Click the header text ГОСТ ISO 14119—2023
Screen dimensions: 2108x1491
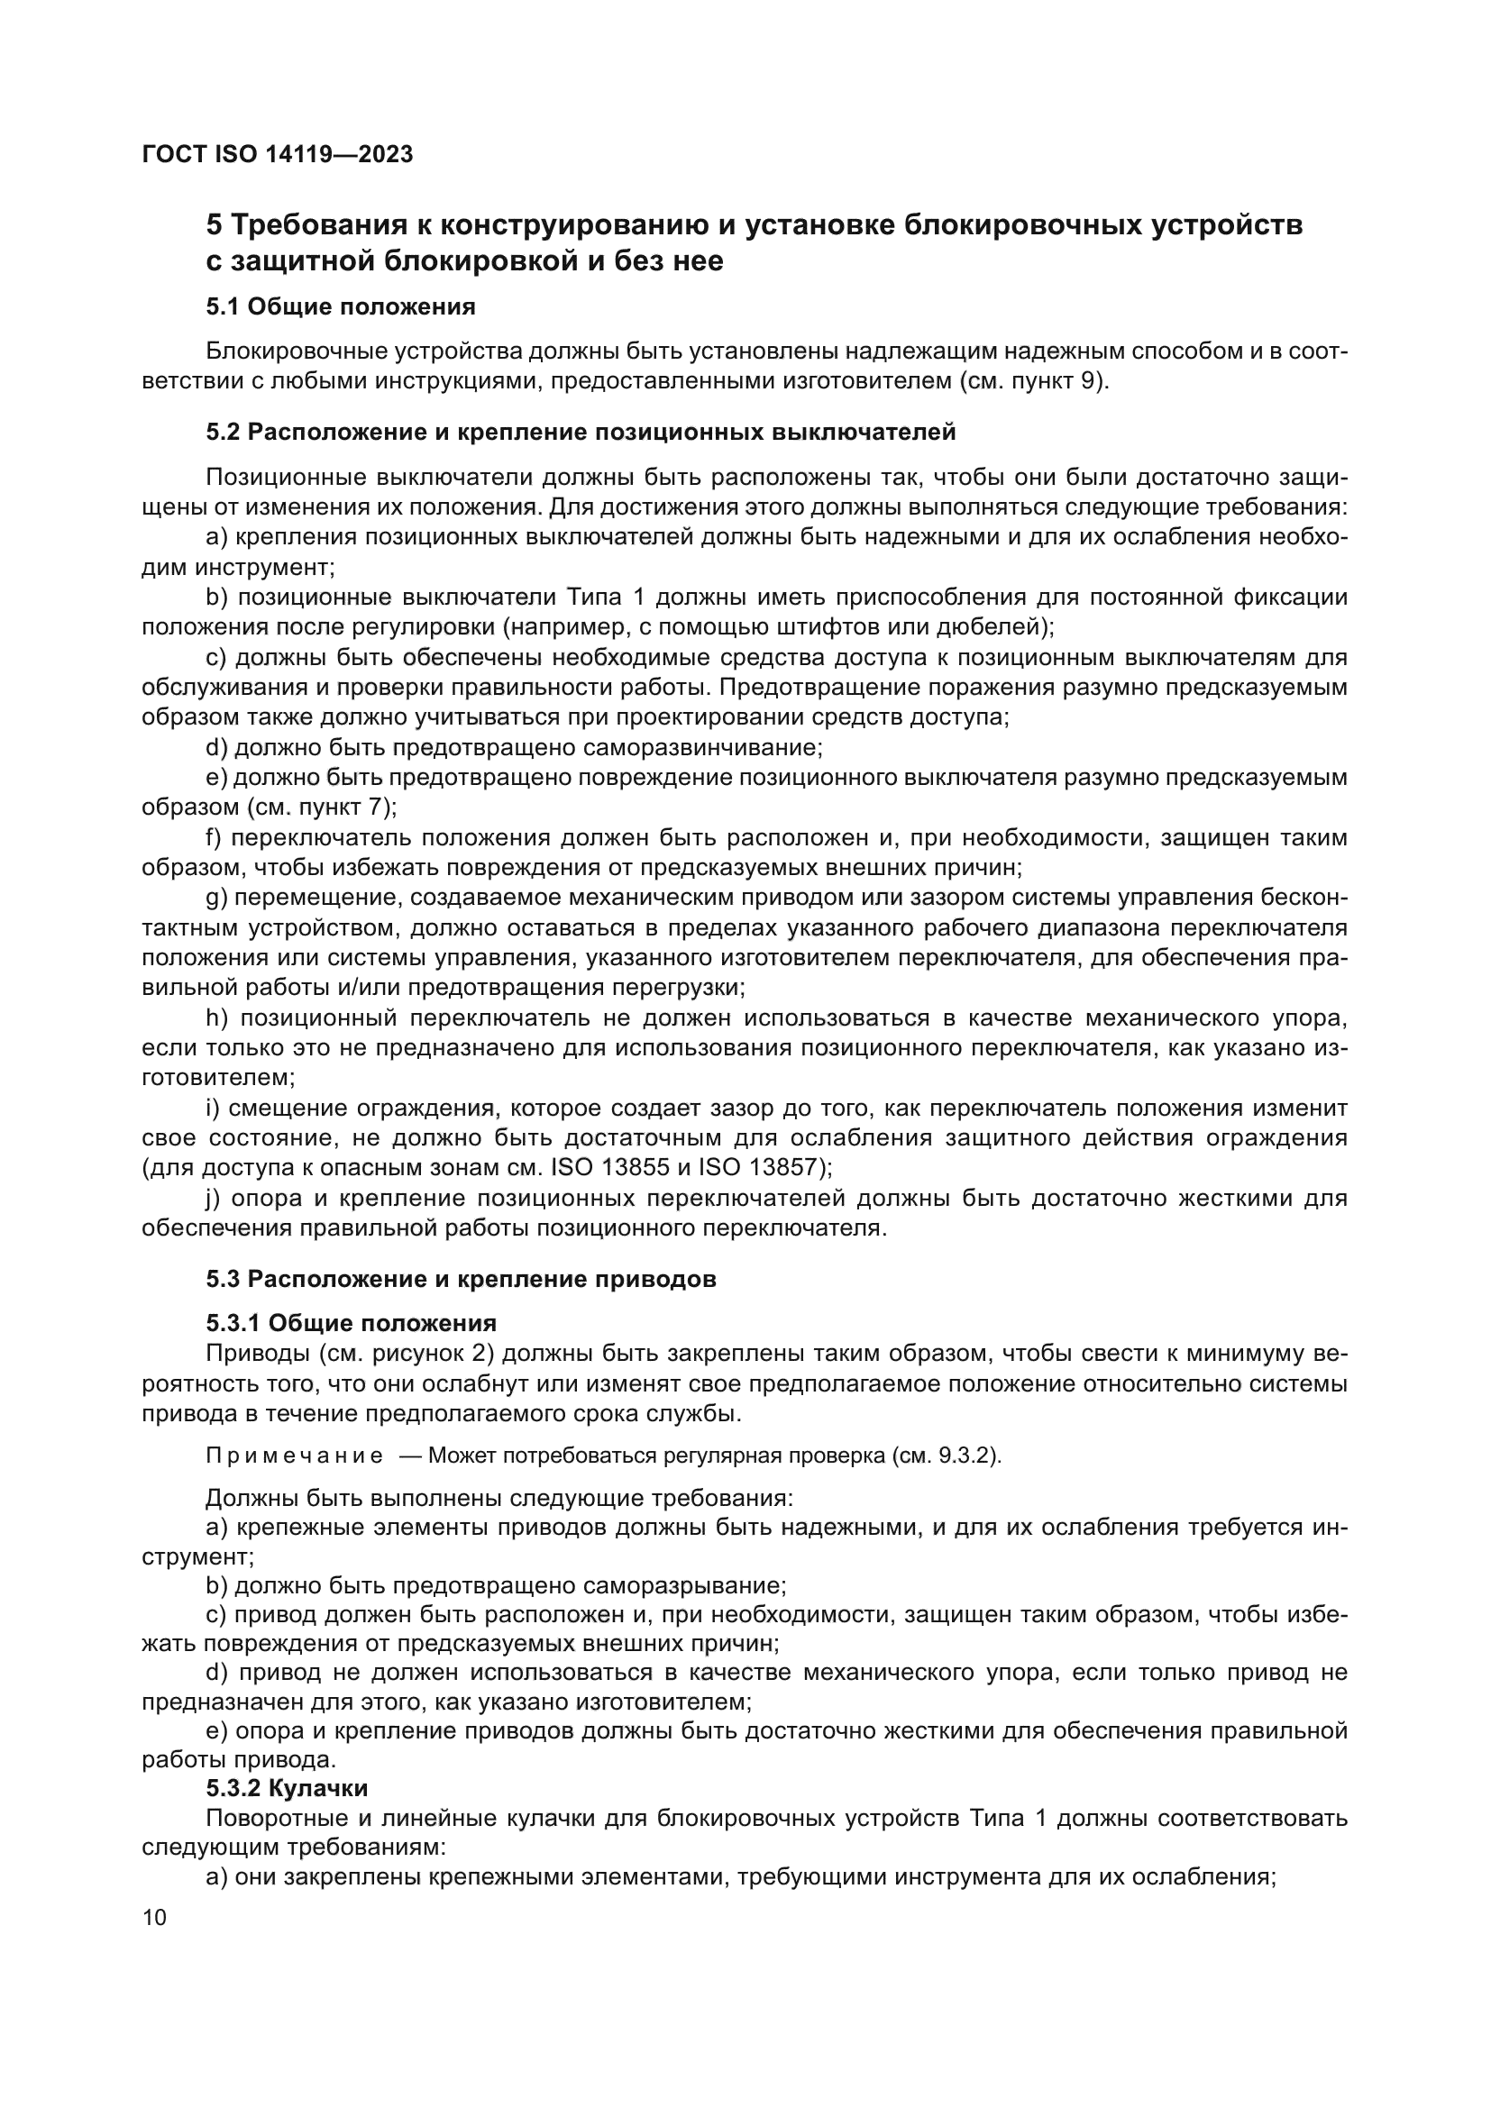[x=278, y=155]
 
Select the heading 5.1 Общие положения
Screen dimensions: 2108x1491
[x=341, y=306]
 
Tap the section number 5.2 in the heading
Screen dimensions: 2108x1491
[x=223, y=432]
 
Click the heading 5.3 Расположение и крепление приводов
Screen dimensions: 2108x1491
[x=461, y=1279]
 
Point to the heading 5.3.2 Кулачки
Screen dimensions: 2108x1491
[x=287, y=1788]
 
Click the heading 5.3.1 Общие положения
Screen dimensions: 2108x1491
[x=351, y=1323]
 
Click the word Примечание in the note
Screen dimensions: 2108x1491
[x=294, y=1456]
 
